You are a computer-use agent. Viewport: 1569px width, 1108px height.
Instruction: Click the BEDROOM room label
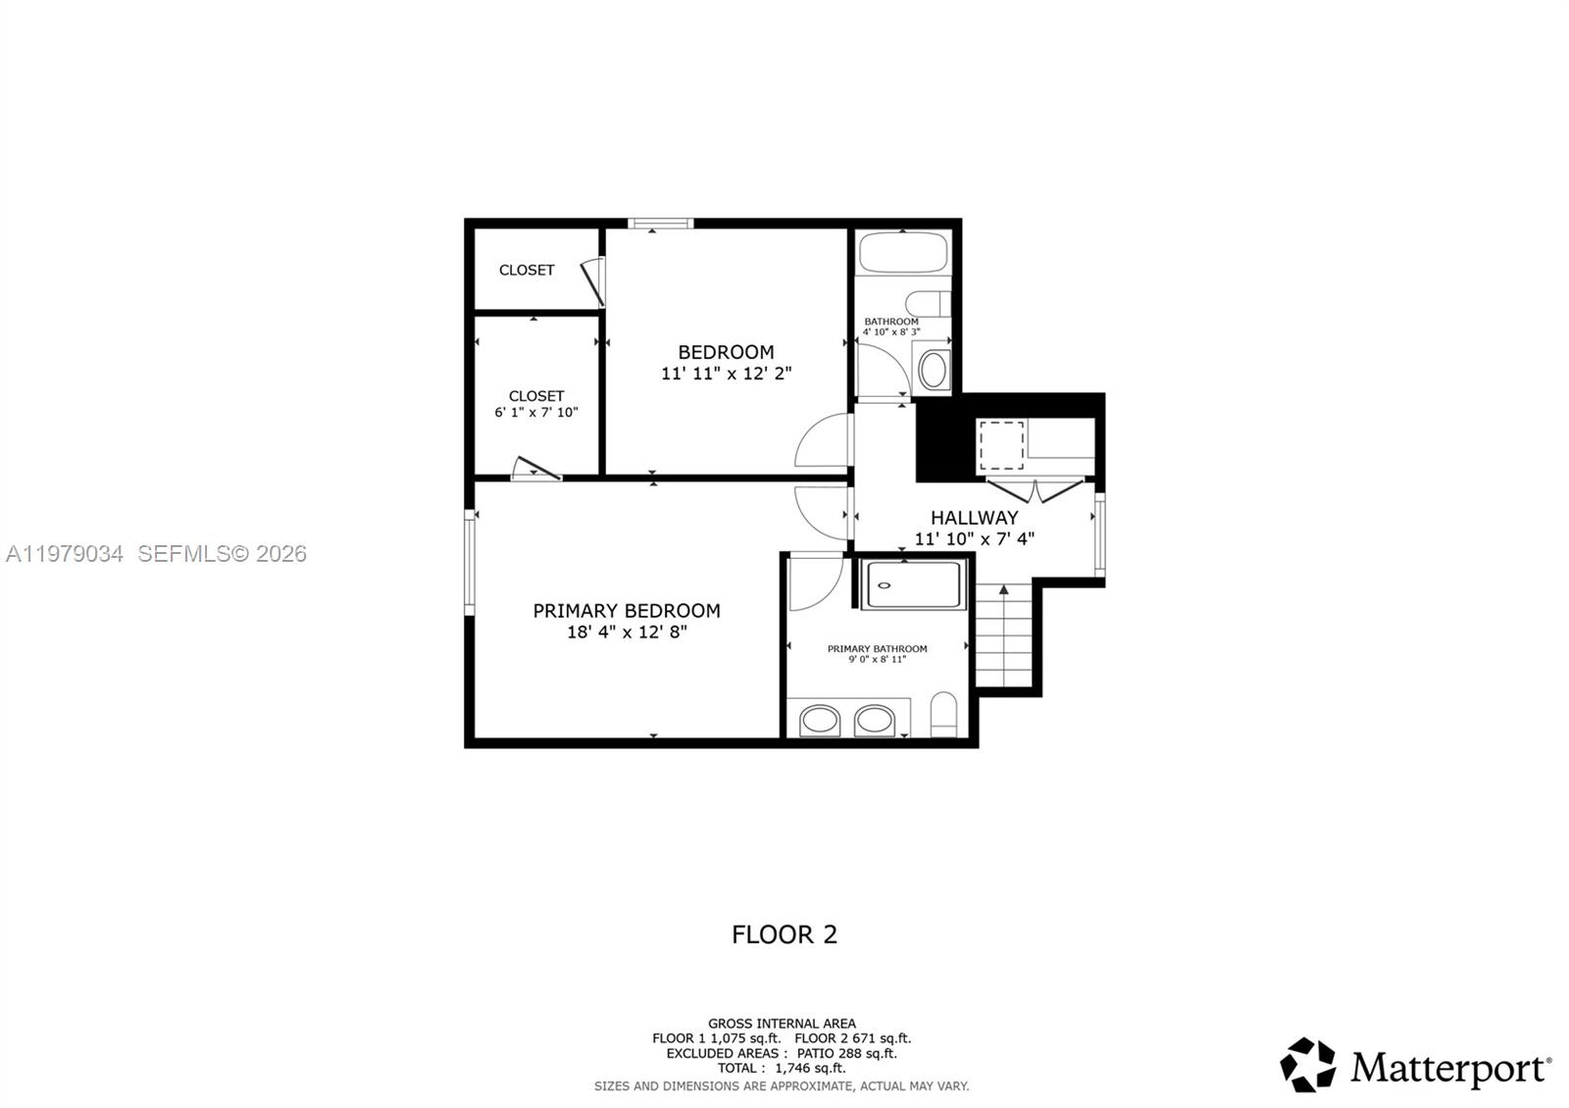(726, 352)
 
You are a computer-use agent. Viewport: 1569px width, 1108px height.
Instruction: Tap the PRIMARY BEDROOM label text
(627, 611)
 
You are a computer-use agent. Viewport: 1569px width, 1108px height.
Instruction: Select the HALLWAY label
(974, 518)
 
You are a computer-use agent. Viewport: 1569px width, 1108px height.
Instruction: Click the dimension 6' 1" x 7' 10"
(536, 413)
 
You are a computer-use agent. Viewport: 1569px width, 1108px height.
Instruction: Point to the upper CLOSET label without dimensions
(527, 270)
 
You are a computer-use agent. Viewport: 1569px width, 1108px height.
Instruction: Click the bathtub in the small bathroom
(903, 252)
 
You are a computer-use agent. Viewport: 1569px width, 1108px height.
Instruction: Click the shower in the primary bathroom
(913, 584)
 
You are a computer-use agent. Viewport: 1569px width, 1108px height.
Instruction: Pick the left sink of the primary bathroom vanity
(820, 721)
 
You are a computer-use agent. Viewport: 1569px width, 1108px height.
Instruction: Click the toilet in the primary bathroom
(943, 716)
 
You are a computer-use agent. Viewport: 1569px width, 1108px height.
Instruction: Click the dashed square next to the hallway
(1001, 444)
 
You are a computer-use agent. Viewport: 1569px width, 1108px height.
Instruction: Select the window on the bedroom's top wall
(661, 224)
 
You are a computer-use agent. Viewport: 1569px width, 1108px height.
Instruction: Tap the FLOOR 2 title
(784, 934)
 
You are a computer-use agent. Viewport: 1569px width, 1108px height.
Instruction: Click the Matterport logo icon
(1307, 1065)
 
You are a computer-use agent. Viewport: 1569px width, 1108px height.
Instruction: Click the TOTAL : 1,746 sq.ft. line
(782, 1068)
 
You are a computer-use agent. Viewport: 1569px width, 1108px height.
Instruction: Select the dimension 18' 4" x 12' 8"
(627, 632)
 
